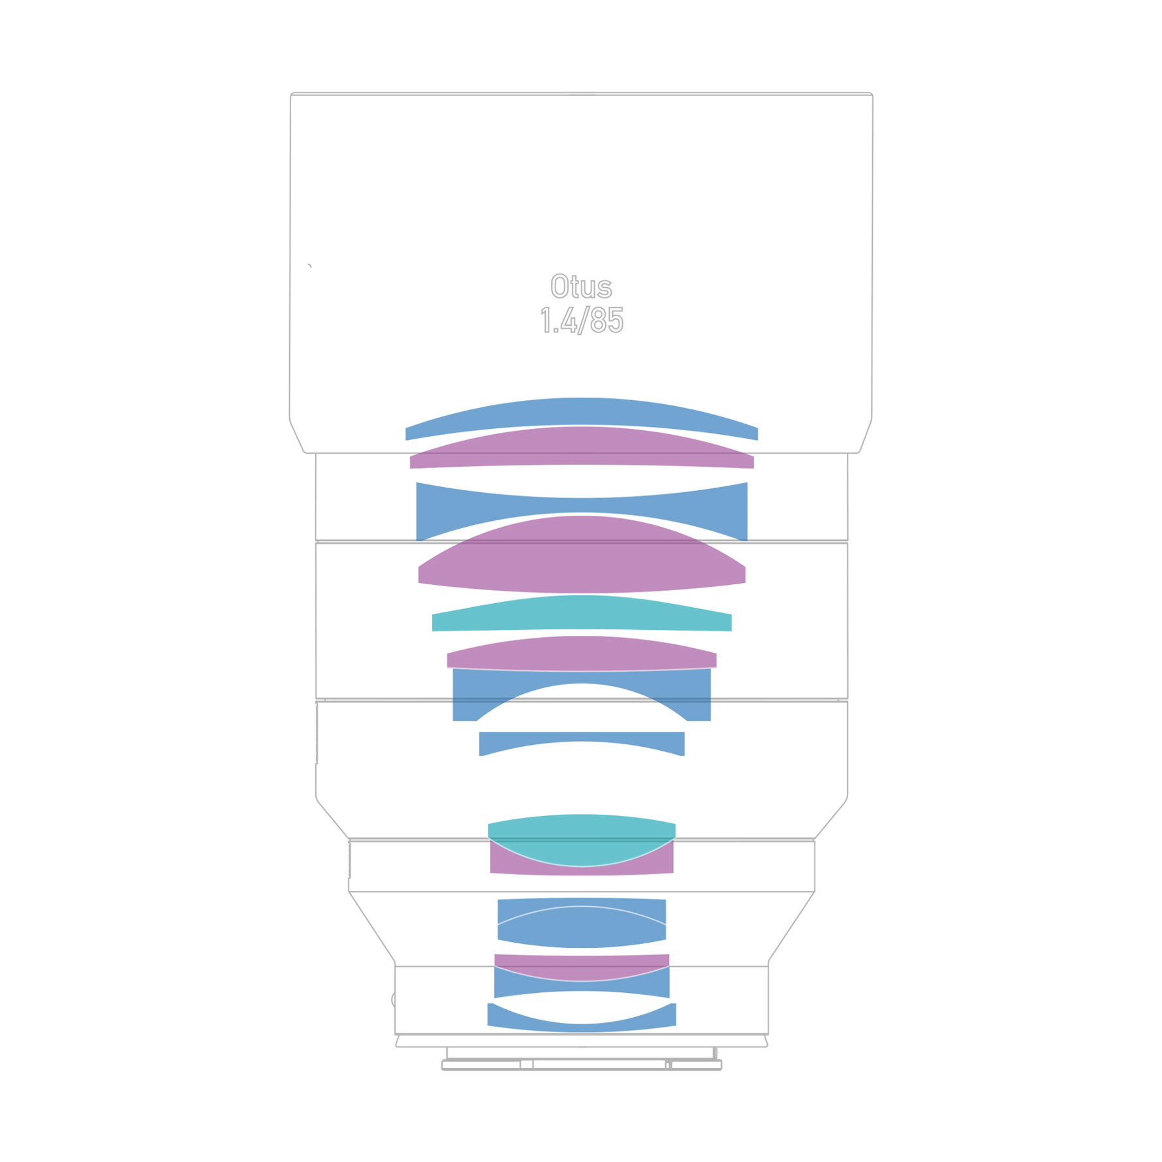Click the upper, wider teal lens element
pos(581,615)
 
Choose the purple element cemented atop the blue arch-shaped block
pos(581,654)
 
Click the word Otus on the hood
pos(581,287)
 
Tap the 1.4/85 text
pos(581,321)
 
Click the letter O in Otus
pos(559,287)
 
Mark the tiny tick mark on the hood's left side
pos(309,266)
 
